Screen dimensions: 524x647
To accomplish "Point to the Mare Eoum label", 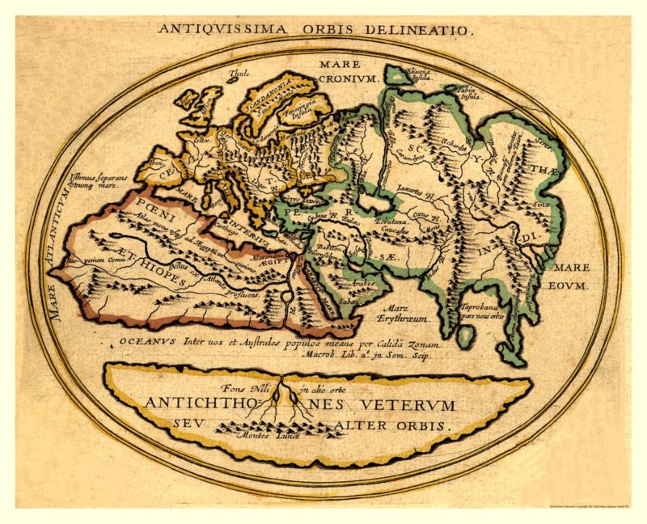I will pyautogui.click(x=572, y=276).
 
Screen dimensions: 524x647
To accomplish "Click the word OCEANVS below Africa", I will pyautogui.click(x=149, y=342).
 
